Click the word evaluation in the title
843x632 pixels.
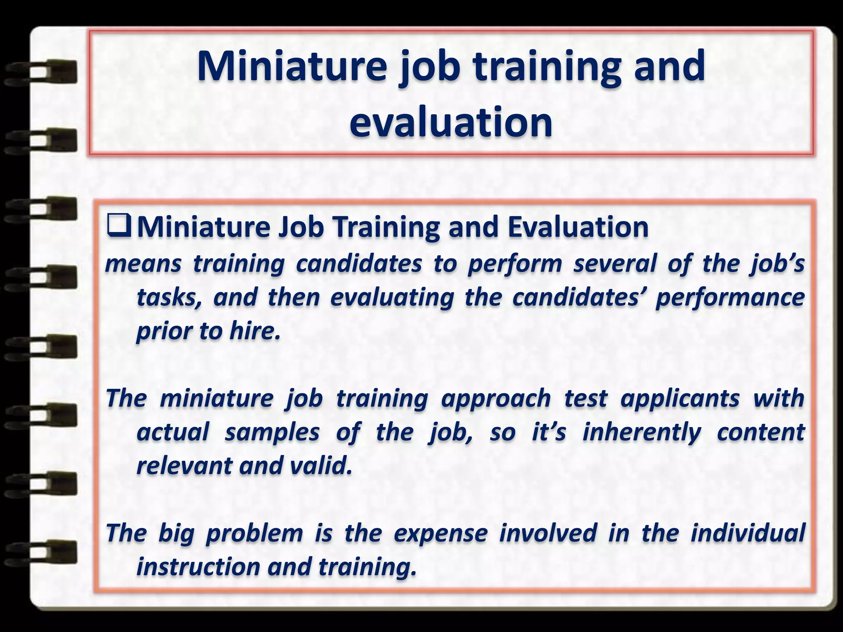pyautogui.click(x=451, y=122)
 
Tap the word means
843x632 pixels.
pyautogui.click(x=143, y=264)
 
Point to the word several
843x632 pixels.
pyautogui.click(x=615, y=264)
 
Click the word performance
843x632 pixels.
pyautogui.click(x=730, y=297)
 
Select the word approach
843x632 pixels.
pyautogui.click(x=496, y=398)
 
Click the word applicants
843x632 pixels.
pyautogui.click(x=680, y=398)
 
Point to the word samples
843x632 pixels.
pyautogui.click(x=272, y=432)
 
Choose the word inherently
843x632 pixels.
pyautogui.click(x=642, y=432)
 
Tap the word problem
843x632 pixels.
pyautogui.click(x=254, y=533)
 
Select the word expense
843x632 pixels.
pyautogui.click(x=440, y=533)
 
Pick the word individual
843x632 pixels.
pyautogui.click(x=748, y=533)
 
